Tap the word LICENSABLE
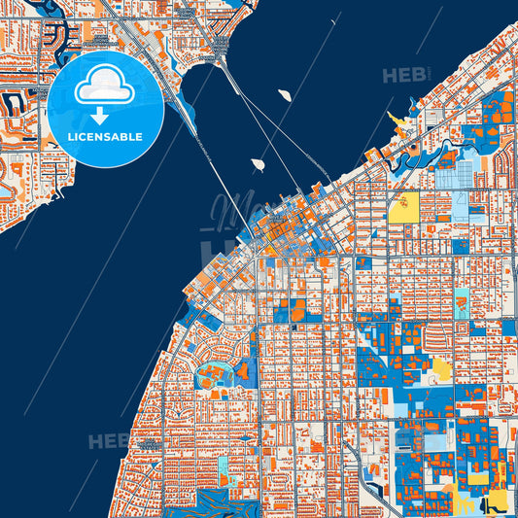click(x=105, y=137)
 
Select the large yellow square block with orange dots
click(x=403, y=206)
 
